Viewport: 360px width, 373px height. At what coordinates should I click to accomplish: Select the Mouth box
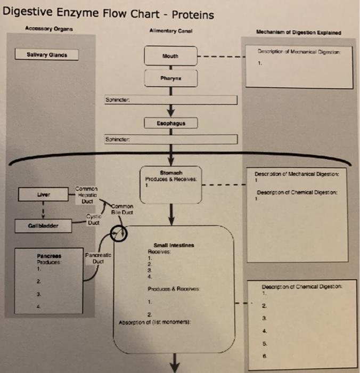pyautogui.click(x=171, y=55)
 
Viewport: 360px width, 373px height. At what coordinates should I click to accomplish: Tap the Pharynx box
pyautogui.click(x=171, y=78)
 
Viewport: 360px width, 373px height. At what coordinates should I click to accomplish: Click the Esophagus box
pyautogui.click(x=171, y=124)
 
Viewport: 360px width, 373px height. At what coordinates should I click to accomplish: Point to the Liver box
pyautogui.click(x=43, y=194)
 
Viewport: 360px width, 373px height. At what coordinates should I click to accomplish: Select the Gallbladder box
pyautogui.click(x=43, y=225)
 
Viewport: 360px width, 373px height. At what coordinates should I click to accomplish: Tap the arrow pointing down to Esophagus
pyautogui.click(x=171, y=110)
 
